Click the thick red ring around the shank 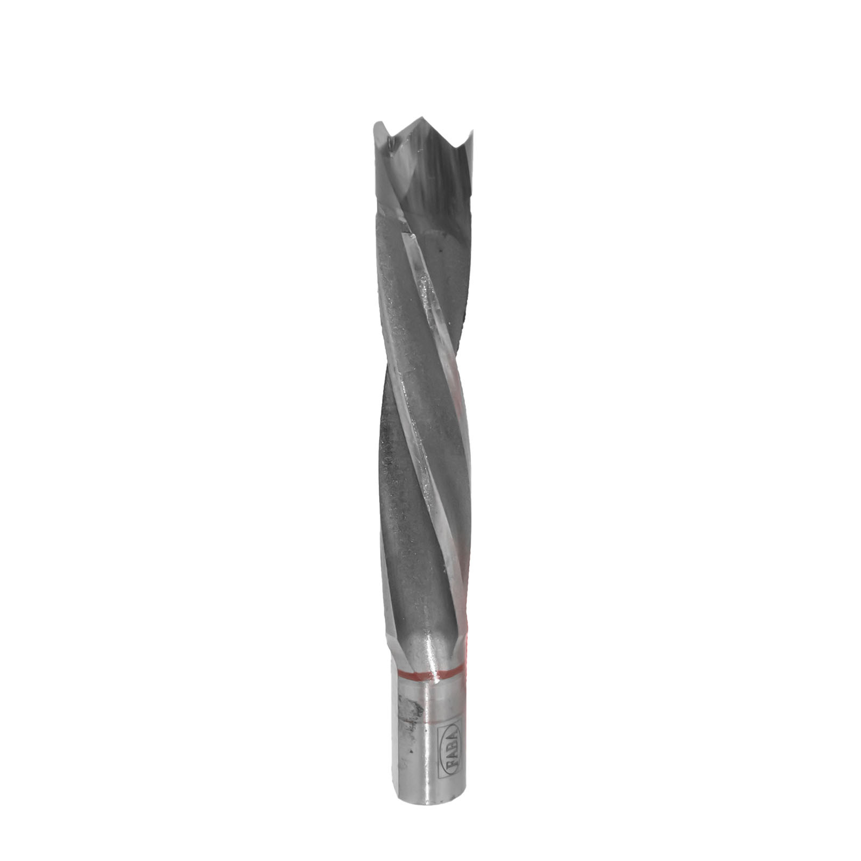coord(429,673)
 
